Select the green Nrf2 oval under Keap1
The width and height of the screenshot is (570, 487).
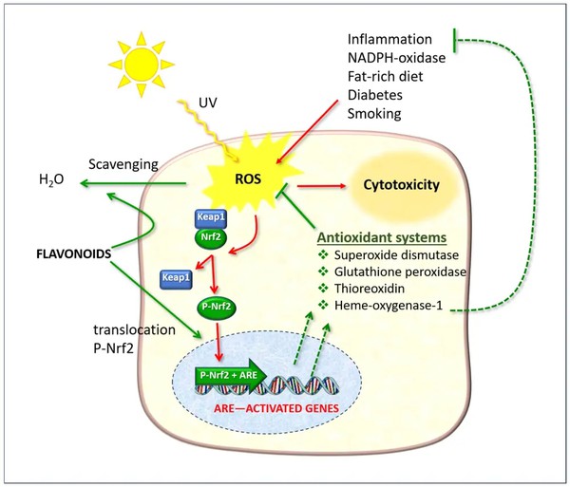213,236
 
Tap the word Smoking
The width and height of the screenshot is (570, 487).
376,114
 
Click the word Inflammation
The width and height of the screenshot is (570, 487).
390,40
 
